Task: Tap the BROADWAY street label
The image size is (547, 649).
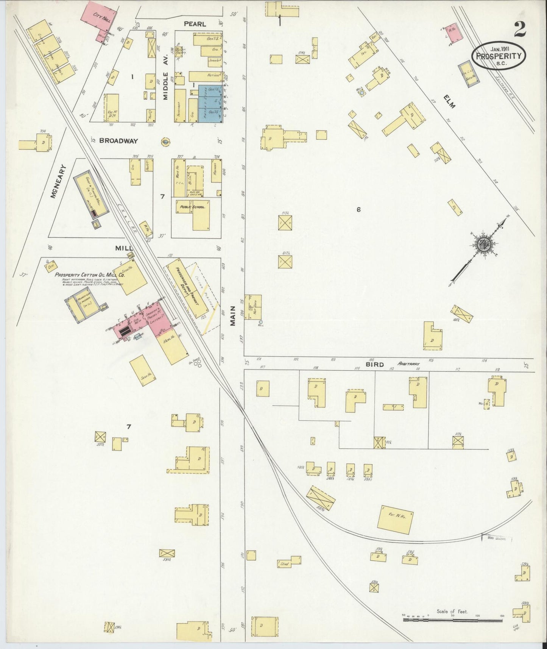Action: click(118, 141)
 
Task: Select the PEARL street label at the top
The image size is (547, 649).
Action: click(195, 24)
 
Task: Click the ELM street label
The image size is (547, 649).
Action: click(450, 101)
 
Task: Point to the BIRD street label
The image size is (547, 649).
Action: click(374, 365)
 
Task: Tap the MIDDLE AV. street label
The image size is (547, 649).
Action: click(165, 86)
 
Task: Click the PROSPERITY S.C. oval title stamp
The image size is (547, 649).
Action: click(499, 55)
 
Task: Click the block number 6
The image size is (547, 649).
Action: click(358, 209)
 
